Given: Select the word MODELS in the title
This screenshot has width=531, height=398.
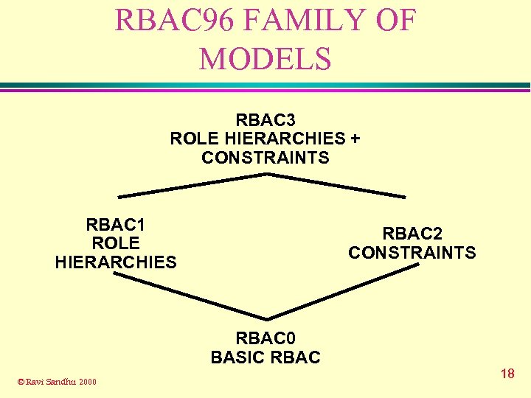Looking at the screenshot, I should click(x=265, y=58).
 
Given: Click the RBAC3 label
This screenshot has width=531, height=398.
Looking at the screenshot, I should click(x=265, y=119).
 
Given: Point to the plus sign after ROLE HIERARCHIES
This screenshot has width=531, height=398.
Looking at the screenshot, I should click(x=355, y=138).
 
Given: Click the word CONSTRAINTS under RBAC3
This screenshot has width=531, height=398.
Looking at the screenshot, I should click(x=265, y=158).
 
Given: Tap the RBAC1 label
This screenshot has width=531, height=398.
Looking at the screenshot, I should click(x=116, y=224).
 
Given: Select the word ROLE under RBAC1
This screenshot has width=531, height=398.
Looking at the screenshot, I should click(x=116, y=243).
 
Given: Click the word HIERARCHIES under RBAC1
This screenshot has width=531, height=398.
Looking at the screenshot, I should click(x=116, y=262).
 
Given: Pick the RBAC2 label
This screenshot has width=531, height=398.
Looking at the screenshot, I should click(x=412, y=234).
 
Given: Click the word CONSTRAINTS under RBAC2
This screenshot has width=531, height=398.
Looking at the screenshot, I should click(x=412, y=253).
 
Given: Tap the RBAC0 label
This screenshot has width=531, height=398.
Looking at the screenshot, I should click(x=265, y=338).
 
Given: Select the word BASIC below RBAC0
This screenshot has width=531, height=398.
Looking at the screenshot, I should click(x=237, y=357).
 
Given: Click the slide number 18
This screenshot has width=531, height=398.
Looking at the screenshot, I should click(x=507, y=374).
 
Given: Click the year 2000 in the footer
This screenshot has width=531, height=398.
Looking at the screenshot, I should click(x=87, y=382).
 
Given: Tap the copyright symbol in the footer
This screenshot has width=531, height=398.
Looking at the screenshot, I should click(x=21, y=382).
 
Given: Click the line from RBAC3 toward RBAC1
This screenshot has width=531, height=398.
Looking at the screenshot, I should click(x=192, y=185).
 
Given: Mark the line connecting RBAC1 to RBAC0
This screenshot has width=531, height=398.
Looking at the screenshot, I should click(x=188, y=298).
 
